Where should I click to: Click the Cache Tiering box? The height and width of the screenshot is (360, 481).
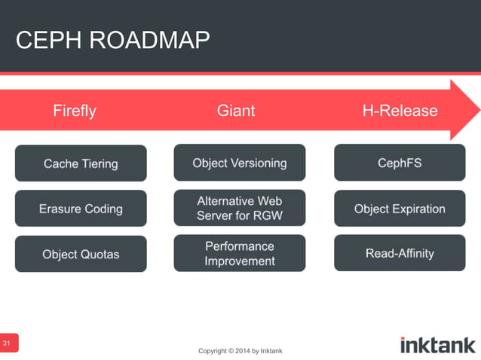tap(81, 163)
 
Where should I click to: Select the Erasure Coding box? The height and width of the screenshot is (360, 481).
tap(81, 209)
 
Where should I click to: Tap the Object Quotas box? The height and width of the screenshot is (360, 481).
tap(81, 254)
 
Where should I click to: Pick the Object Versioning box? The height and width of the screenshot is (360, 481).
tap(240, 163)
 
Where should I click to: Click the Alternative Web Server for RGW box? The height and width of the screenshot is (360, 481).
tap(240, 208)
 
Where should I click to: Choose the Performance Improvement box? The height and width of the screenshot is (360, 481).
tap(240, 253)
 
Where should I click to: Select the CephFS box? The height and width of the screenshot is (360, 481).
tap(400, 163)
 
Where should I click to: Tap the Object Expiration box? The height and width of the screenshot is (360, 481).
tap(400, 209)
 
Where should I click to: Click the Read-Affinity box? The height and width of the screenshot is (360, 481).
tap(400, 253)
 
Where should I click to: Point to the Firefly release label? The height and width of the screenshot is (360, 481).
tap(75, 111)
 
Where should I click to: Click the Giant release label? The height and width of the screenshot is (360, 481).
tap(236, 111)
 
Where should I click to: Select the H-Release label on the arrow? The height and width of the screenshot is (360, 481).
tap(400, 111)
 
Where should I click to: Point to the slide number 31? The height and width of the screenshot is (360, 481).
tap(8, 343)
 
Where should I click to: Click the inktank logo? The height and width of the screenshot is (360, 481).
tap(437, 345)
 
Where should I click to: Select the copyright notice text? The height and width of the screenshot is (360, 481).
tap(240, 351)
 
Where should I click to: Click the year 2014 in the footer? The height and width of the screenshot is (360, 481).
tap(242, 351)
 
